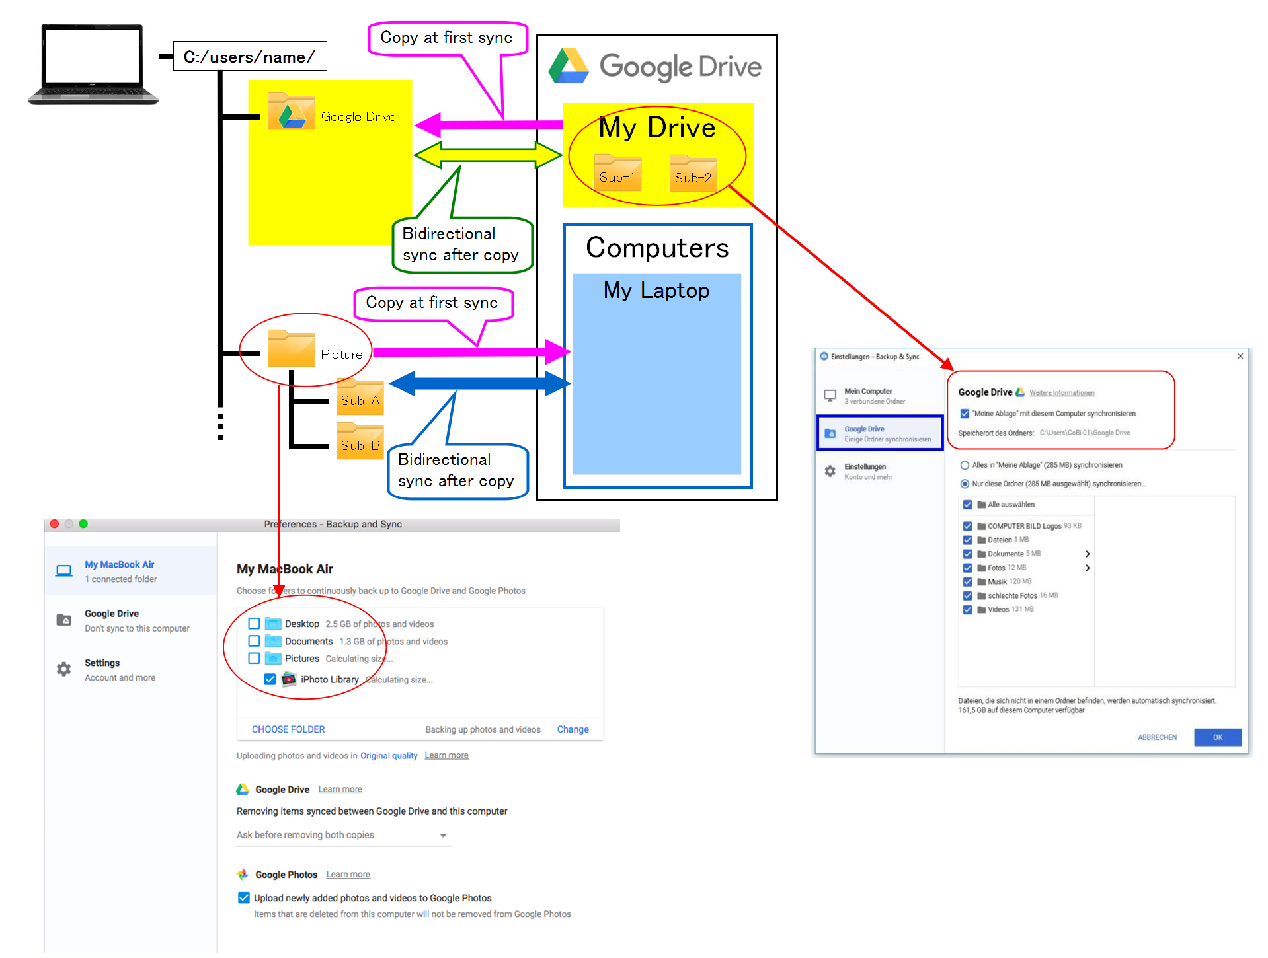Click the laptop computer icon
tap(93, 64)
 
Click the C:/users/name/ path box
tap(249, 57)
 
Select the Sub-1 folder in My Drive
tap(617, 173)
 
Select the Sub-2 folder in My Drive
tap(692, 174)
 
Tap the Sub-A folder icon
tap(360, 397)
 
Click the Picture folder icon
tap(291, 349)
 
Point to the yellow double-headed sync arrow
tap(487, 155)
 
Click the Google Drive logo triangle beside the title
tap(569, 66)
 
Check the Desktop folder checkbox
tap(254, 624)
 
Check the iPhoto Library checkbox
tap(270, 679)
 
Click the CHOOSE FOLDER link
tap(288, 729)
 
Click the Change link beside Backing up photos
tap(573, 729)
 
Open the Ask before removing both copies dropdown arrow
tap(443, 836)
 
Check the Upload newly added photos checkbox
tap(244, 898)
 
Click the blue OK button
tap(1217, 737)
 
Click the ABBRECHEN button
tap(1157, 737)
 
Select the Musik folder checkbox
tap(967, 582)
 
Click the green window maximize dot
tap(83, 524)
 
